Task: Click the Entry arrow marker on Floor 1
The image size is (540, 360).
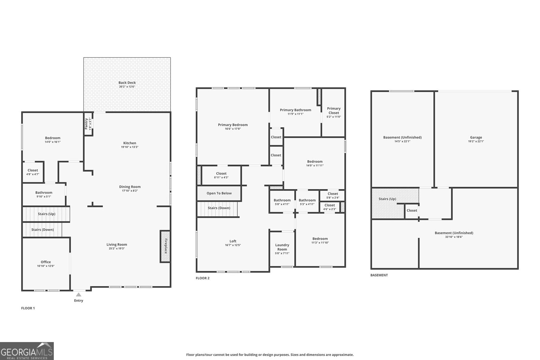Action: (x=79, y=294)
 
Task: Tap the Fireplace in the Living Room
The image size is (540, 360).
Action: (x=165, y=246)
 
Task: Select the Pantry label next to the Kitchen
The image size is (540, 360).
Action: (x=86, y=123)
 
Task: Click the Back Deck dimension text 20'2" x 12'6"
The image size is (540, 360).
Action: (x=127, y=87)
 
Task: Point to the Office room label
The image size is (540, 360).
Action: (x=46, y=262)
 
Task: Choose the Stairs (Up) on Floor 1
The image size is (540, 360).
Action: (x=46, y=214)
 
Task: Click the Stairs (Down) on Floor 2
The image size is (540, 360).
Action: (x=219, y=208)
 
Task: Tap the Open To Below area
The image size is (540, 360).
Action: (x=219, y=193)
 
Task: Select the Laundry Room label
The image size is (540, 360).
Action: (x=282, y=247)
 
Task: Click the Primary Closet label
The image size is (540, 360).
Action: (x=333, y=111)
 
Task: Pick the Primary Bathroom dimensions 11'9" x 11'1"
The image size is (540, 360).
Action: (x=295, y=114)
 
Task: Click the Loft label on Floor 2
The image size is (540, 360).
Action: (x=233, y=241)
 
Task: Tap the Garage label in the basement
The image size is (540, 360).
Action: (x=476, y=137)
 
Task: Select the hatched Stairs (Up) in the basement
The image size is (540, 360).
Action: (x=387, y=203)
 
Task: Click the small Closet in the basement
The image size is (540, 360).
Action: (x=412, y=210)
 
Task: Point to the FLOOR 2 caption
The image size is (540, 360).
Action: (x=202, y=278)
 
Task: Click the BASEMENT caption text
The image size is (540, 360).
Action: (x=379, y=275)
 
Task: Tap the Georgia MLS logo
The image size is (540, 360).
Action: (x=27, y=351)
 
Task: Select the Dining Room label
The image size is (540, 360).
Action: (x=130, y=187)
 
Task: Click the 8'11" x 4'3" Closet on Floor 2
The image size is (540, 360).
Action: (x=221, y=175)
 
